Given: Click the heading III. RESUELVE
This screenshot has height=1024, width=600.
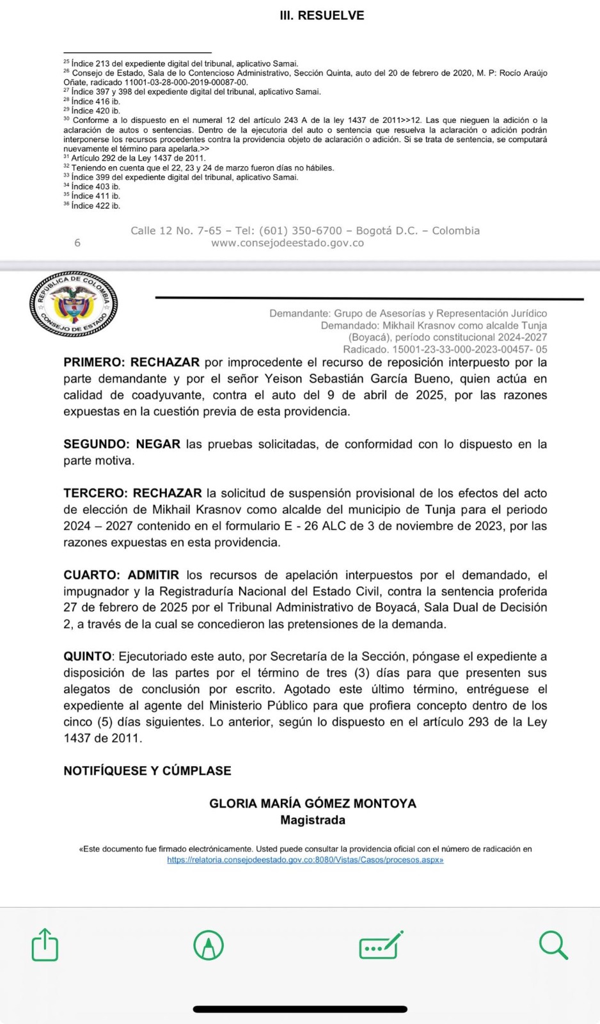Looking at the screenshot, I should (x=322, y=15).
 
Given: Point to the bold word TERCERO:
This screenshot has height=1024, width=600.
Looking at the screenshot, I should (x=95, y=493).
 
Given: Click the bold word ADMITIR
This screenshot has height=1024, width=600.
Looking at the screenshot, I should (x=153, y=575).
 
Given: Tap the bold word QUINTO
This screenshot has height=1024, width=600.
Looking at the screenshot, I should (x=88, y=657).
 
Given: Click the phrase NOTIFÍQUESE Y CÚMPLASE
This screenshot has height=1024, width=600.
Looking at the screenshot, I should (x=147, y=771).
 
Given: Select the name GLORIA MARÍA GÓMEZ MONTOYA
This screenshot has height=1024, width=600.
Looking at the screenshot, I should (x=313, y=803).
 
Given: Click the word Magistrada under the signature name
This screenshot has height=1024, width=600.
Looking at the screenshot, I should (x=313, y=820).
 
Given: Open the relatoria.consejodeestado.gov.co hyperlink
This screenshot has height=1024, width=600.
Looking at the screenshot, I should (x=305, y=860).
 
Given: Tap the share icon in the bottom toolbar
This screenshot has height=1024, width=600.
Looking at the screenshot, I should (x=45, y=945).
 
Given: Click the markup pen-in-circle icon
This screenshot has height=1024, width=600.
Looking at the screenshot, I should (x=209, y=945).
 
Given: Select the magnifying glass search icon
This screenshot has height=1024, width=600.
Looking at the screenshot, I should (x=553, y=945).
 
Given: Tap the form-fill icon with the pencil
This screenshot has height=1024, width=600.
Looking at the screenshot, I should (x=381, y=945).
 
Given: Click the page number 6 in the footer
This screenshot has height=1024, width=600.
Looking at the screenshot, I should (x=77, y=243).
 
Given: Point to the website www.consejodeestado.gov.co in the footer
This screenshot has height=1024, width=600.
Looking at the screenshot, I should (x=287, y=243).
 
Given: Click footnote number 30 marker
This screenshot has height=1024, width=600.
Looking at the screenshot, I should (x=67, y=119).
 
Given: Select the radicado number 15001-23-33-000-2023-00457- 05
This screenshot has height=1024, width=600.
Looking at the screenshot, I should (x=470, y=349).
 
